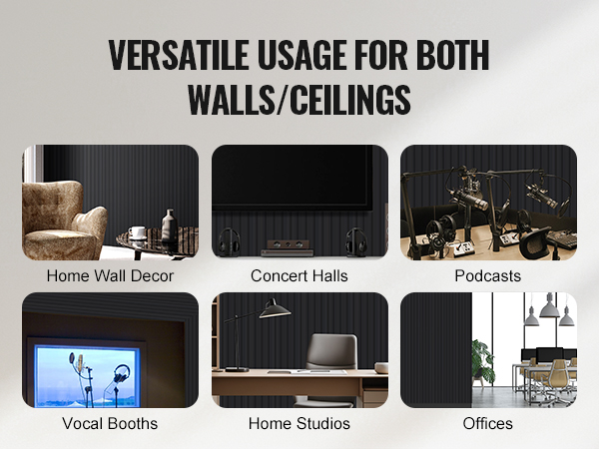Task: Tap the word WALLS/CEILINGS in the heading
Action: (x=299, y=99)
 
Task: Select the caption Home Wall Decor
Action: (x=110, y=275)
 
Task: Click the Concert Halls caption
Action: (x=299, y=275)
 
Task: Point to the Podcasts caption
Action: (x=488, y=275)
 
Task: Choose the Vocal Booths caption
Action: (x=110, y=423)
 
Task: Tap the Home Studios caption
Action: (x=299, y=423)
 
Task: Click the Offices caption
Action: (x=488, y=423)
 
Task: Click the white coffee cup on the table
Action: (x=137, y=232)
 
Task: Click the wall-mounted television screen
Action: (x=293, y=178)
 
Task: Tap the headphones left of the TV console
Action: (x=229, y=241)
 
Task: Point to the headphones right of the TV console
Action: (x=356, y=241)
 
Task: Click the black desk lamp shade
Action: (x=275, y=309)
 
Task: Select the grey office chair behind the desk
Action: (x=330, y=366)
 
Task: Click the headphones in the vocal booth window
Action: (x=121, y=373)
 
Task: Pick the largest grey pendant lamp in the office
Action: (x=549, y=306)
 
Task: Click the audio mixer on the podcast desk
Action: (x=561, y=239)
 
